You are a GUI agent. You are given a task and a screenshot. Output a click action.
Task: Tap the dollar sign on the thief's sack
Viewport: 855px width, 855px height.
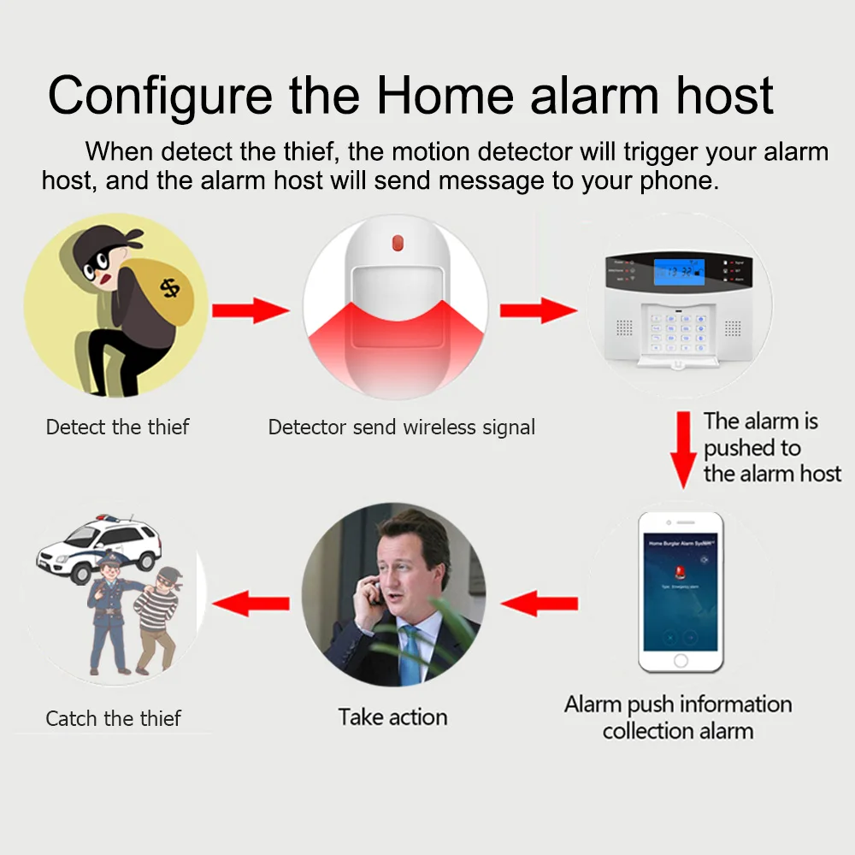pos(171,288)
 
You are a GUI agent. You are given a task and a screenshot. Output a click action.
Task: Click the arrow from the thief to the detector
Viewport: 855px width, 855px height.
pos(251,310)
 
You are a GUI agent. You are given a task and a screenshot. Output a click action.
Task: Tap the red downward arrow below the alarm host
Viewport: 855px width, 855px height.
pos(683,449)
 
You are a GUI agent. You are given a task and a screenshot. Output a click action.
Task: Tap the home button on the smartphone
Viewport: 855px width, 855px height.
pos(681,661)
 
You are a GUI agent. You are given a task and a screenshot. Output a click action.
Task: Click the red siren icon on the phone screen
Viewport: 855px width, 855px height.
pos(681,570)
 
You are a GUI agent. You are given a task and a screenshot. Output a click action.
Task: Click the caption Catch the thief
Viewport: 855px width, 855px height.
pos(114,718)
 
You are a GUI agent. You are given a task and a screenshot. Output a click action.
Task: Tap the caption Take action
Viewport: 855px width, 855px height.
pos(392,716)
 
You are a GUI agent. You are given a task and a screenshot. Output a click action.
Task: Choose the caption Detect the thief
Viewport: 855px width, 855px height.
pos(118,427)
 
